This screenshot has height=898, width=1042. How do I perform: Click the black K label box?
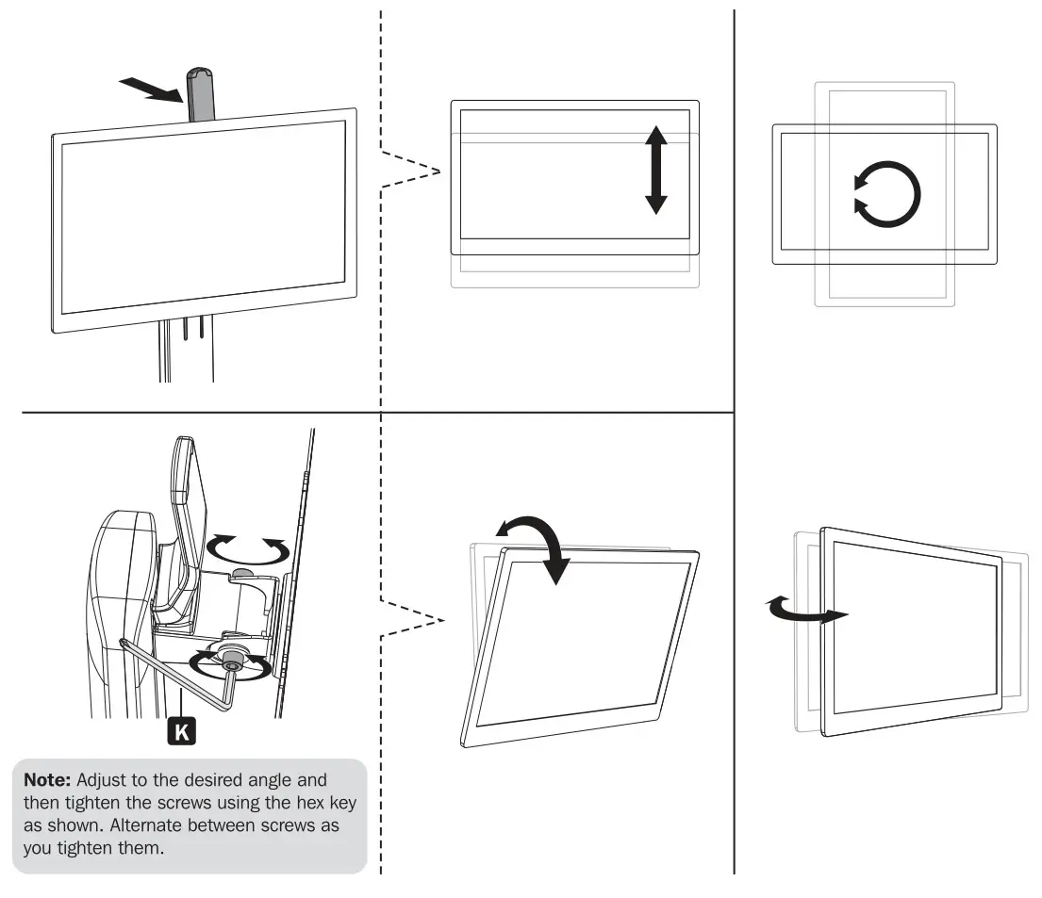180,729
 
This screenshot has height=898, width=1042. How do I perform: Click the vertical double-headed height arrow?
656,170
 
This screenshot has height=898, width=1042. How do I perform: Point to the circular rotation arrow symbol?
885,195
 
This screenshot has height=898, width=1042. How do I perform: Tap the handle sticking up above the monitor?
199,94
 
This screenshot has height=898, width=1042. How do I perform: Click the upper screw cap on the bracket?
244,573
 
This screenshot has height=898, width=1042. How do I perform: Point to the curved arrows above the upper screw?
247,547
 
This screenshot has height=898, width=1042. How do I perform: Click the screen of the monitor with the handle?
203,220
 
